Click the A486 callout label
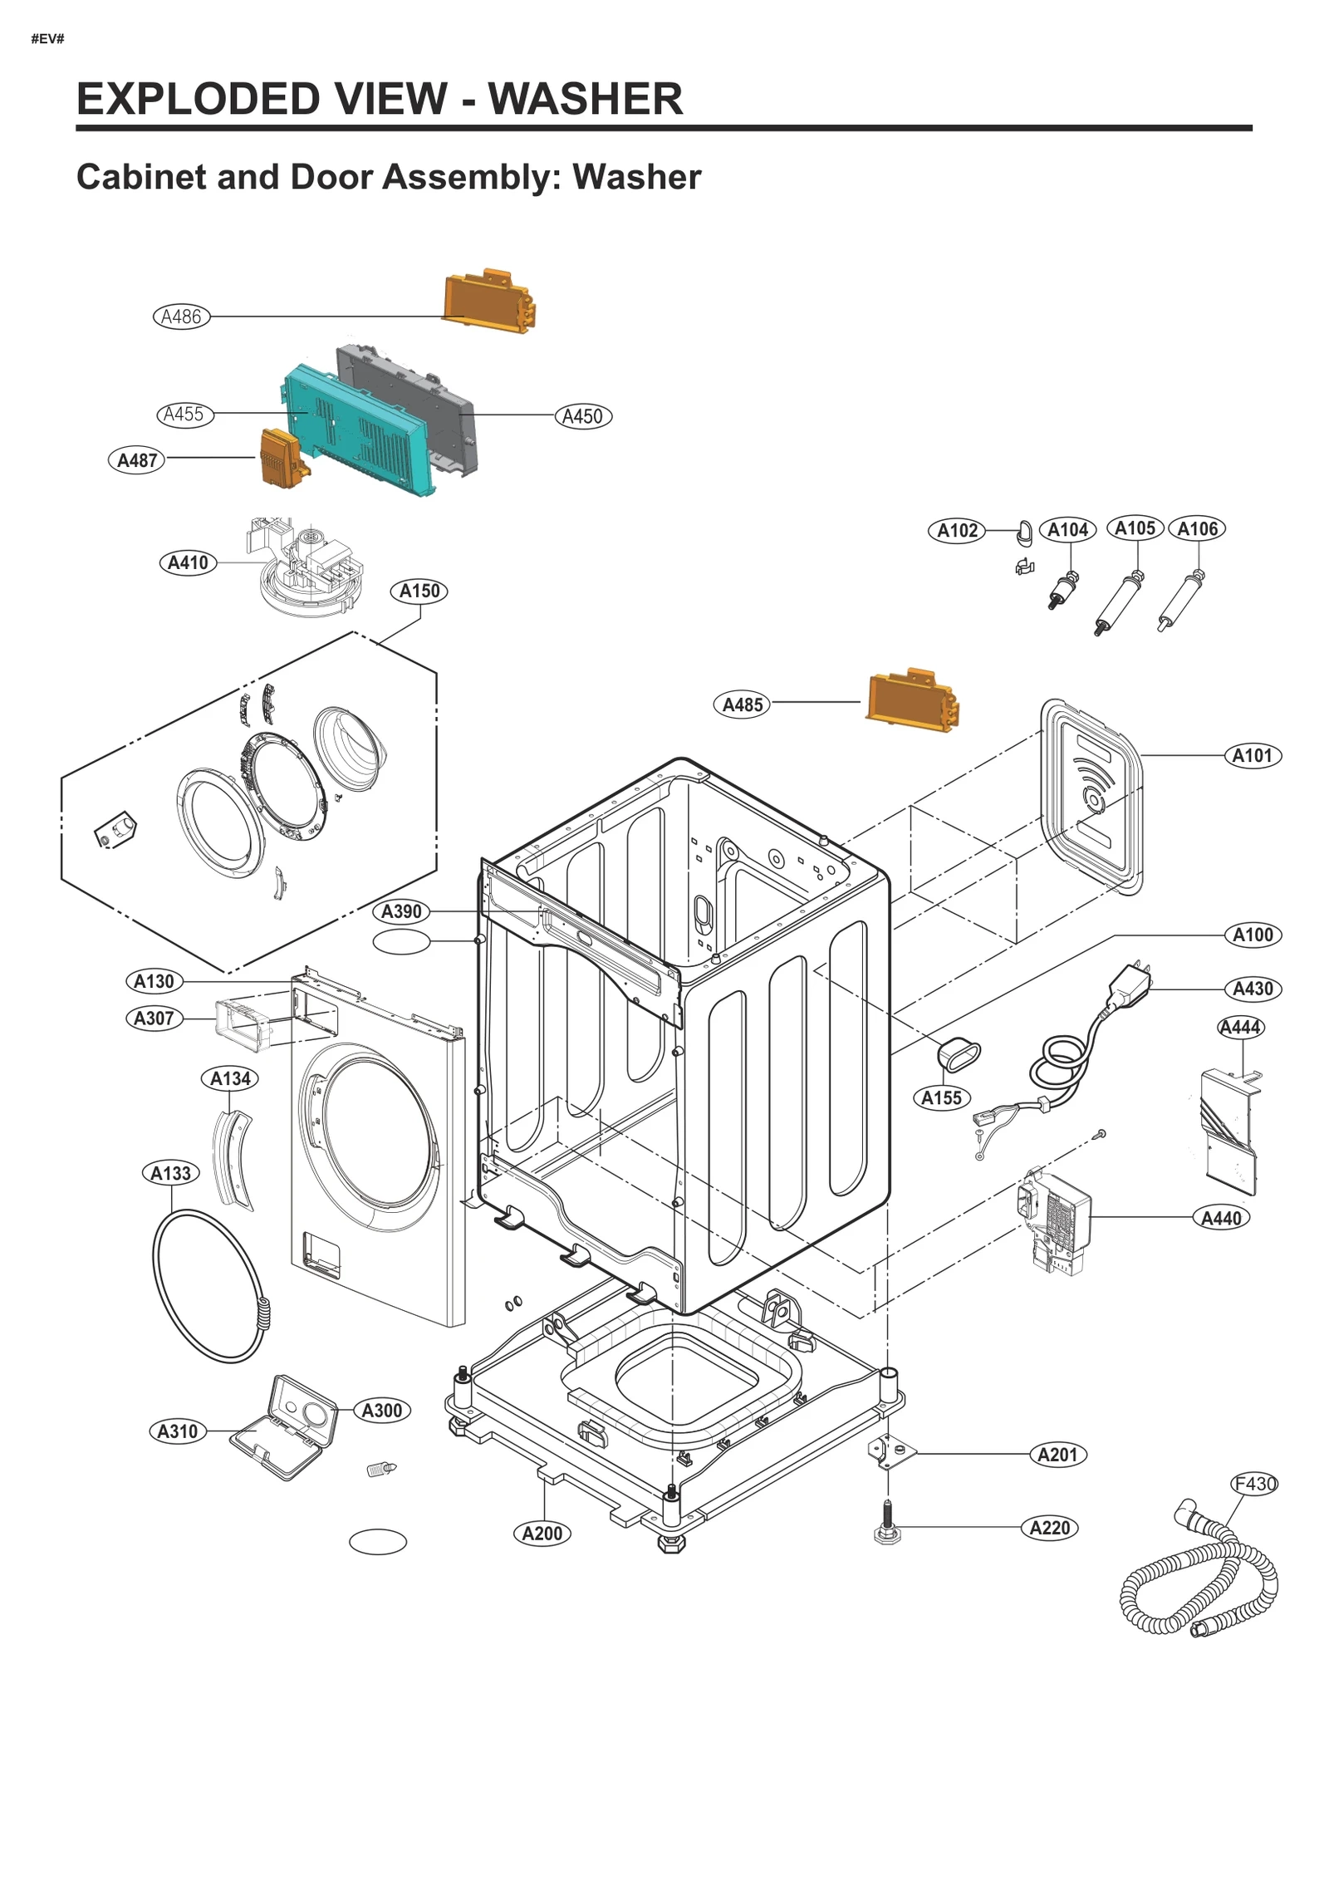[181, 317]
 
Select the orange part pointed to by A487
[282, 458]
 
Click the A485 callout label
[742, 704]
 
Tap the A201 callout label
[1057, 1455]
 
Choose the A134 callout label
[229, 1078]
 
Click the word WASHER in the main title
[585, 99]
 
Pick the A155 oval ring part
[959, 1053]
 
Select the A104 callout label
[1067, 530]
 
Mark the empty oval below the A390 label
[401, 942]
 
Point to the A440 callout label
[1220, 1218]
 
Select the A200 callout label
[542, 1533]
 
